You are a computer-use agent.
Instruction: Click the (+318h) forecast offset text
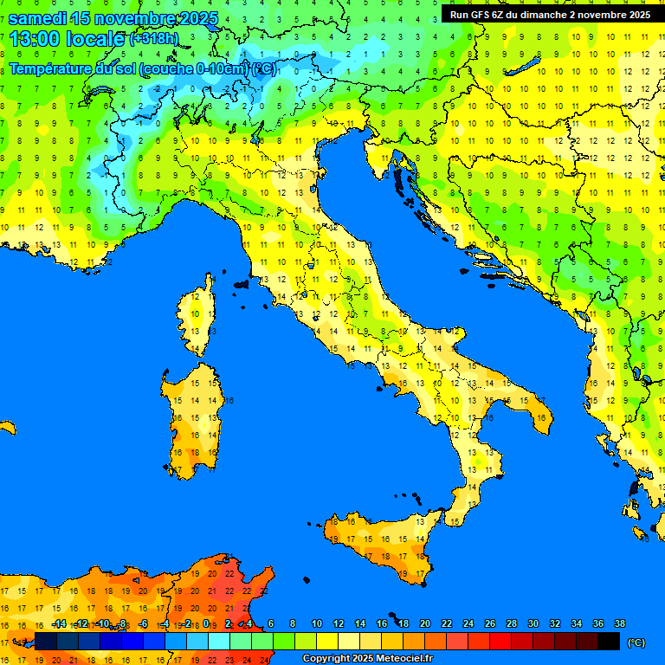coord(157,39)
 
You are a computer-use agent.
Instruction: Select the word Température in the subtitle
coord(51,68)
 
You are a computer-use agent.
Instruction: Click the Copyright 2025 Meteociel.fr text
coord(367,658)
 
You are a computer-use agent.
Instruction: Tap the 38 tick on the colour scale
coord(619,623)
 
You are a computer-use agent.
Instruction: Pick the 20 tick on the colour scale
coord(425,623)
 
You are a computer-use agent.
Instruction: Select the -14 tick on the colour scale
coord(59,623)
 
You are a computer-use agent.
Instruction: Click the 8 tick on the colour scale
coord(293,623)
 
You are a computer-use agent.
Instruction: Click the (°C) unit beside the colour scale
coord(636,642)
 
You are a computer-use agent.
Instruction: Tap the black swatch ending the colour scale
coord(609,641)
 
